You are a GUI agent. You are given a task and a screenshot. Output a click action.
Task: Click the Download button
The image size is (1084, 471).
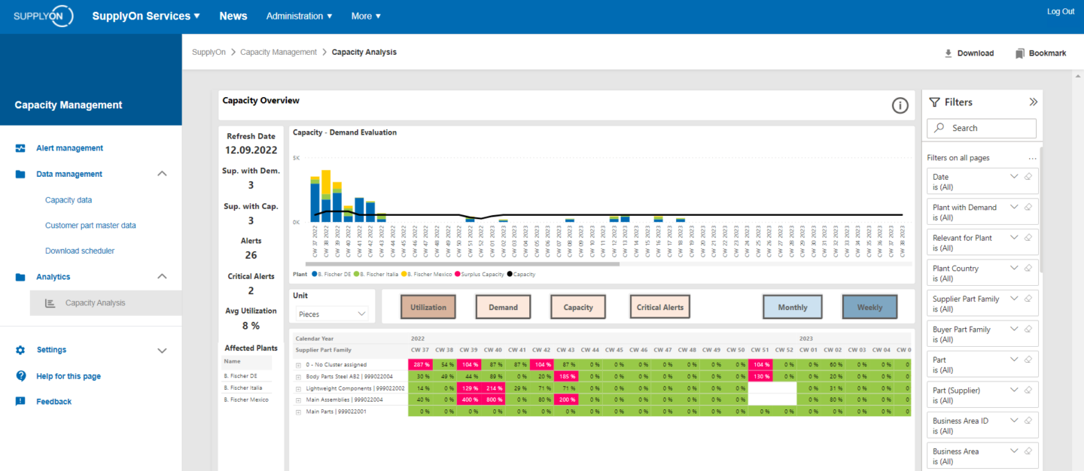(969, 53)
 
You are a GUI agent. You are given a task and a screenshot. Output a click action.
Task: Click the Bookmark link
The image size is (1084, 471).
(1040, 53)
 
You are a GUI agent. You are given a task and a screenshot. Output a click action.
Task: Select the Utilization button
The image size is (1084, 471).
(428, 307)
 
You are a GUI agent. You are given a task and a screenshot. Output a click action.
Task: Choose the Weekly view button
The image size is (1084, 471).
(869, 307)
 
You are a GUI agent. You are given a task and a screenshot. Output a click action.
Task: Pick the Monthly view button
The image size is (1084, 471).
(792, 307)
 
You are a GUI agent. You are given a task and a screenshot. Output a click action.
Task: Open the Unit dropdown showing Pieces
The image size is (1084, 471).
(331, 314)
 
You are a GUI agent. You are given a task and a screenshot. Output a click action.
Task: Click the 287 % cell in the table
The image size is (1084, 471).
(420, 364)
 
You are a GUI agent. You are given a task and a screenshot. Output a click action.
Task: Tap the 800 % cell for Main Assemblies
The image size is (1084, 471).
(492, 400)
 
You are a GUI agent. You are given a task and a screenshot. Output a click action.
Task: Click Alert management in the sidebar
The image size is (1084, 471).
(69, 148)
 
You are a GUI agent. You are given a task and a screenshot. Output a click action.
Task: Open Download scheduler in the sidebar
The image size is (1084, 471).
(80, 251)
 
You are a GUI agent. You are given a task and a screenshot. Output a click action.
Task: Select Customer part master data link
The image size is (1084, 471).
(90, 225)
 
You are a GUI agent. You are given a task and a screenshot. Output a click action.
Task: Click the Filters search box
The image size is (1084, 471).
(982, 128)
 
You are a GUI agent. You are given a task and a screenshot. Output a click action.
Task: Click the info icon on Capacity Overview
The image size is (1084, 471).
(900, 105)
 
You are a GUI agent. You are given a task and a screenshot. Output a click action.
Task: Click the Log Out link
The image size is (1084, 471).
(1060, 11)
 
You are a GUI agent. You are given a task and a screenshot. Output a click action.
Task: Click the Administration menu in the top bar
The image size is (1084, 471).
(299, 16)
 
